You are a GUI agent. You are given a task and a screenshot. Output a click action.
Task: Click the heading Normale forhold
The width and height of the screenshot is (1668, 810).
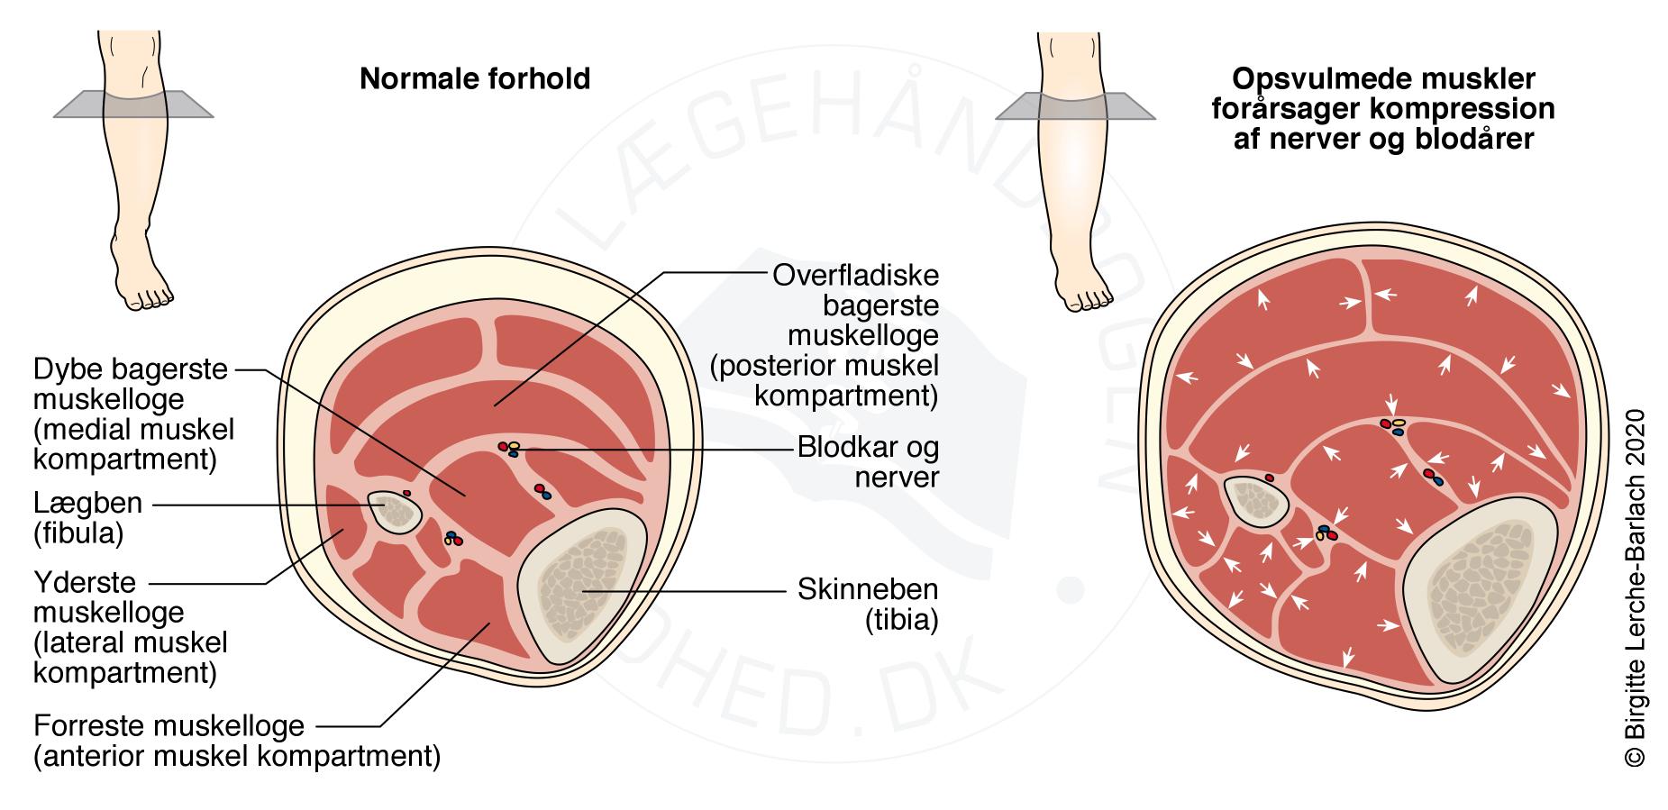pos(475,79)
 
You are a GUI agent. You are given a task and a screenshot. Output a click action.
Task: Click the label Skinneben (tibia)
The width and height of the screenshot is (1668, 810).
pos(868,605)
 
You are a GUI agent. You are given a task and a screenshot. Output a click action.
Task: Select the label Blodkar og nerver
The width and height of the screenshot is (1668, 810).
pos(868,461)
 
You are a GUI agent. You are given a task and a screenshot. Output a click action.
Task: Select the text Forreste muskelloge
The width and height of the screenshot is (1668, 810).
pos(169,725)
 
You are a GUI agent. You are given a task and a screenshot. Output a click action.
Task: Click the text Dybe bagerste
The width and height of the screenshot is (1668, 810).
pos(131,369)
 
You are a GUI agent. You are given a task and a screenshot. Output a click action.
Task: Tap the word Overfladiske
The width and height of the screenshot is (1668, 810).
pos(855,275)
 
